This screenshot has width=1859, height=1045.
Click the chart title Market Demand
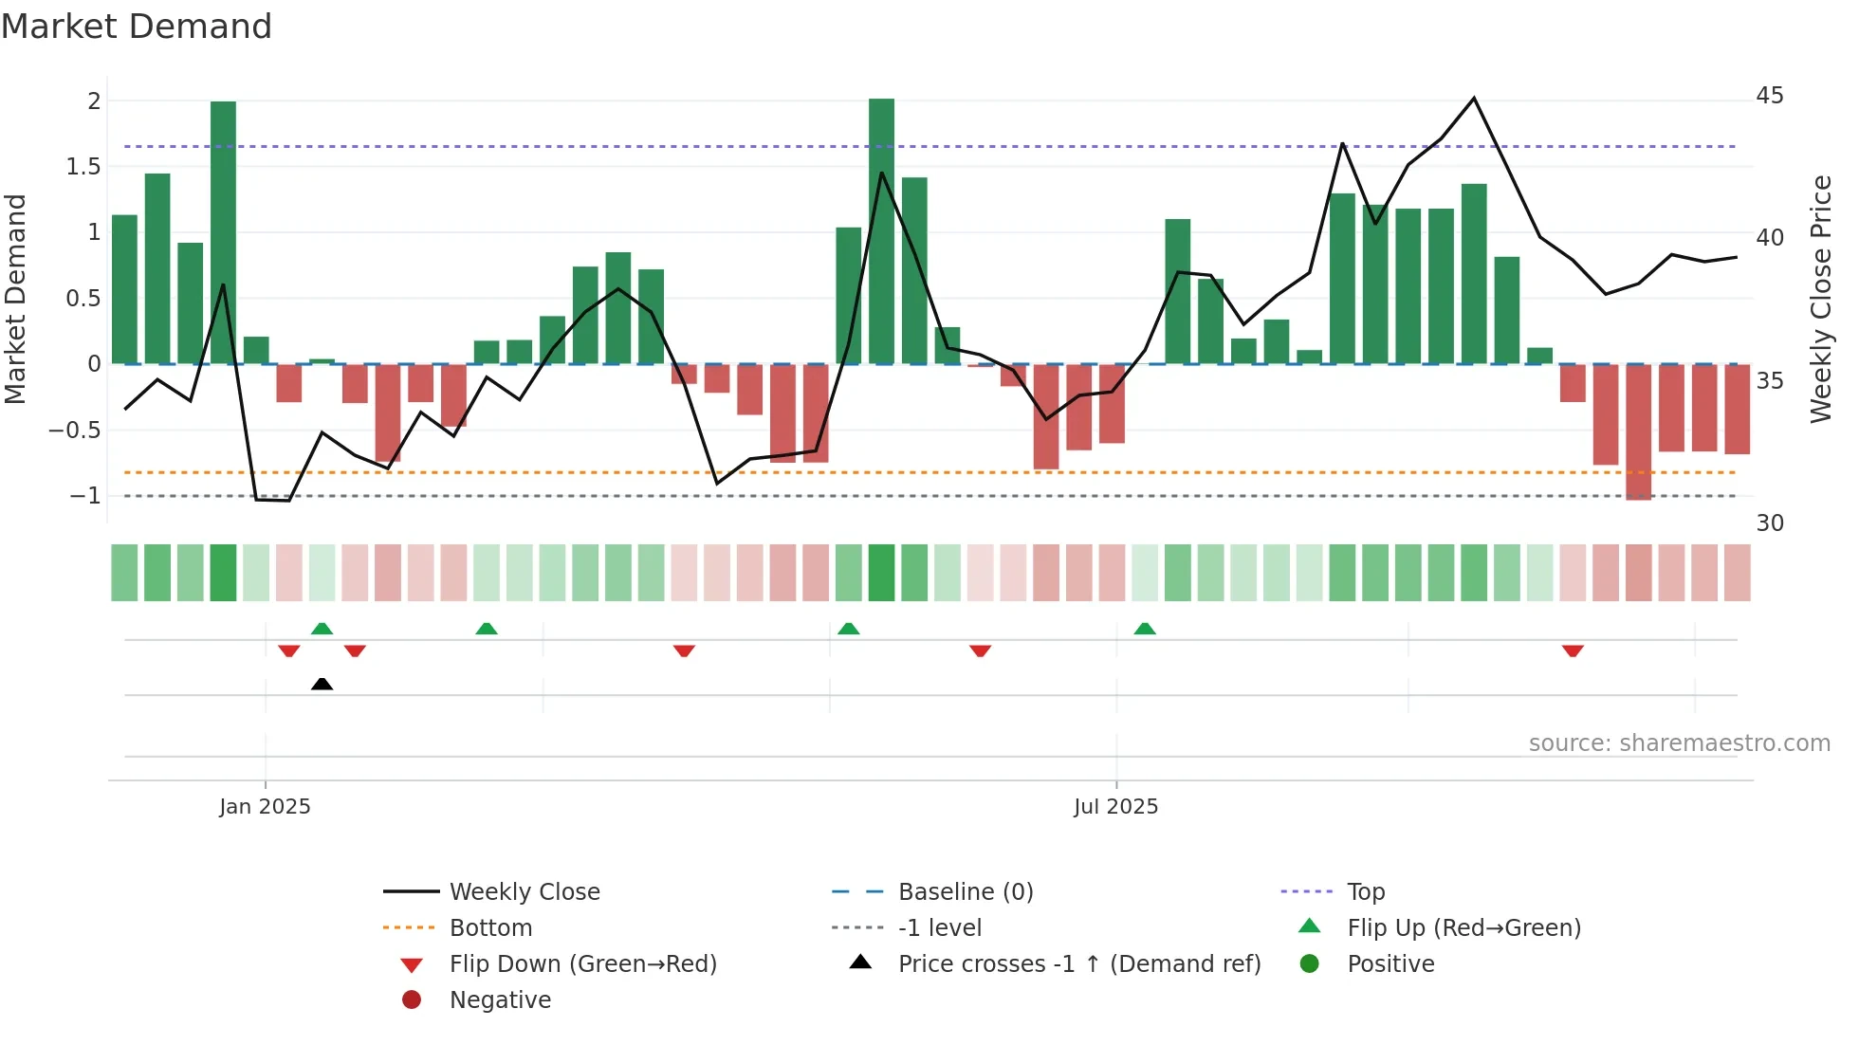(137, 27)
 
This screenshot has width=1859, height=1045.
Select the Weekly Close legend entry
(524, 892)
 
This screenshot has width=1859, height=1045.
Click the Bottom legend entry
(490, 928)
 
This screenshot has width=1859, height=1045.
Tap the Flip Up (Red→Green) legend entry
(1463, 928)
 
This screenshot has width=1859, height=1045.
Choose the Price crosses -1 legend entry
(1078, 964)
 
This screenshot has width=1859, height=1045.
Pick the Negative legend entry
(500, 1000)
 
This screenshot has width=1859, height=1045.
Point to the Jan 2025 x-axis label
(265, 807)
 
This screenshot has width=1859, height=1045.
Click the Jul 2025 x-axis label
(1115, 807)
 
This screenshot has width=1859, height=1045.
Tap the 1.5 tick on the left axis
(83, 167)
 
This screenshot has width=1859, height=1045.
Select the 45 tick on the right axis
(1769, 96)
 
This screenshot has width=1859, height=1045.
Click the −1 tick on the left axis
(84, 496)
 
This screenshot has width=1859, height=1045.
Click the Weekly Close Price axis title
(1820, 299)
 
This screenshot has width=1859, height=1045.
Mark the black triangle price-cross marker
(322, 684)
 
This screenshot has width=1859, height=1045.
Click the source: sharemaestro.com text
(1679, 743)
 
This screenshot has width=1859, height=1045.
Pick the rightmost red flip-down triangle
(1573, 651)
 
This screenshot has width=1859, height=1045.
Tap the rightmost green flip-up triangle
(1145, 629)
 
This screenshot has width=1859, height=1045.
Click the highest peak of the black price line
(1473, 99)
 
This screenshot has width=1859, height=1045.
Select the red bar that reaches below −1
(1638, 431)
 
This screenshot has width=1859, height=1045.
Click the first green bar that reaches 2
(223, 232)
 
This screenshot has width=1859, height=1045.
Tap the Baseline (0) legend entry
(965, 892)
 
